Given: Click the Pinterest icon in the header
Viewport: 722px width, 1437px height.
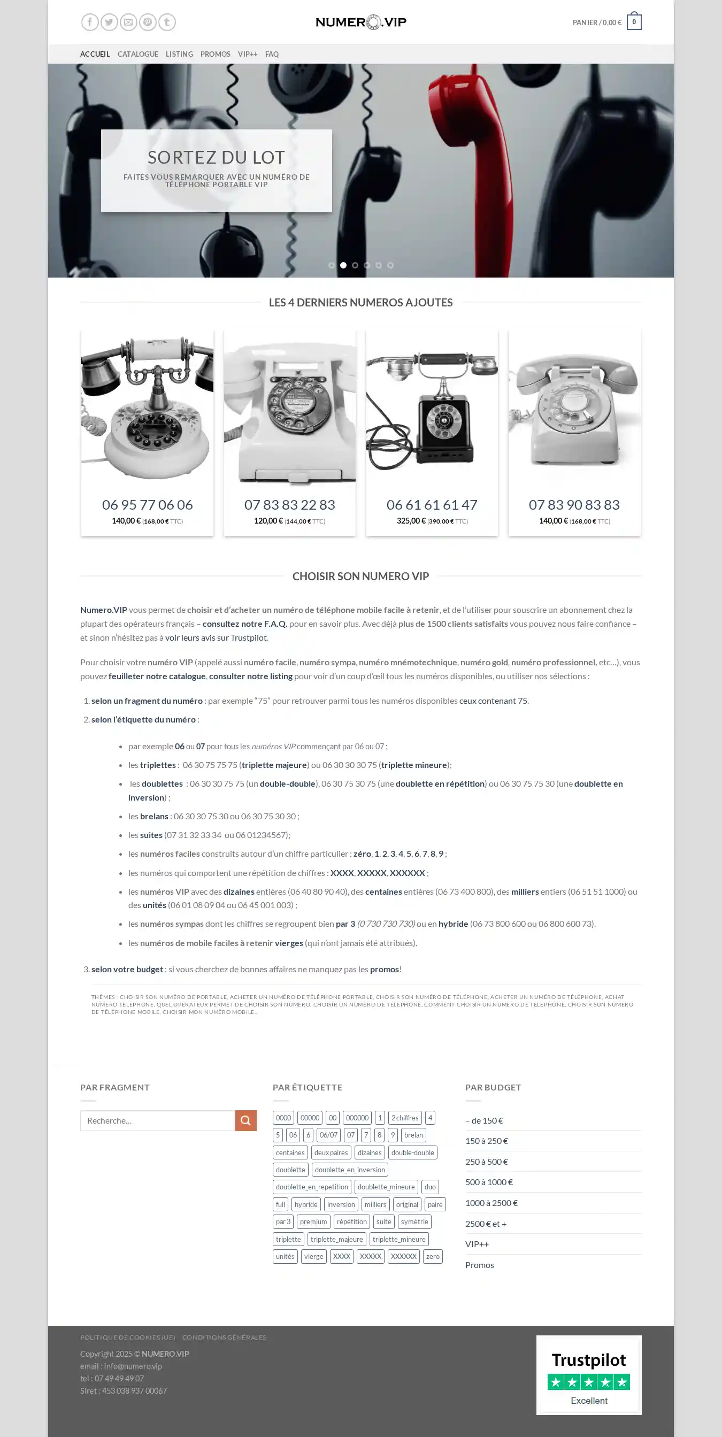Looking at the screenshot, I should tap(147, 22).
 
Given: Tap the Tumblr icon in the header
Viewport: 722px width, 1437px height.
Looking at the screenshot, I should tap(167, 22).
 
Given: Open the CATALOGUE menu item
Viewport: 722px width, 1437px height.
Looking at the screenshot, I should tap(138, 54).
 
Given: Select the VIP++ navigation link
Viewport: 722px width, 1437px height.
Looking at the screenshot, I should tap(247, 54).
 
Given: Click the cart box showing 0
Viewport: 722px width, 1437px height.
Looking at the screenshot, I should tap(634, 22).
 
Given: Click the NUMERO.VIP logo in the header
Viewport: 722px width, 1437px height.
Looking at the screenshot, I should tap(360, 22).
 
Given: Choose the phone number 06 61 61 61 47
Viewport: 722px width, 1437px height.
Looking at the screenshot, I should tap(432, 505).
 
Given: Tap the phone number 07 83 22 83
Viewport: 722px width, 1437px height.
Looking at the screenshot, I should tap(289, 505).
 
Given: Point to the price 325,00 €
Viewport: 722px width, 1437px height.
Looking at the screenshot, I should tap(411, 521).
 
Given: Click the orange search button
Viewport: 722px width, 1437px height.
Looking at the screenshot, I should tap(245, 1120).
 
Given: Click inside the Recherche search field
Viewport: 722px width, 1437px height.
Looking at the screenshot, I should tap(158, 1120).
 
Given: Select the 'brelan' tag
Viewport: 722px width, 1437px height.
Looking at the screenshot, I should tap(413, 1135).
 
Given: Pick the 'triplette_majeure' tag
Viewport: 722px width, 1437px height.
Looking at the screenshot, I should tap(336, 1239).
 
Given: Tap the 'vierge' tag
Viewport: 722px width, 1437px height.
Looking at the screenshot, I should tap(313, 1256).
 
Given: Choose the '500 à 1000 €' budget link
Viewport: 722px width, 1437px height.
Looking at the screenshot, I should tap(489, 1182).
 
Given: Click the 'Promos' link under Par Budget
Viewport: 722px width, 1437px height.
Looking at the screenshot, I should tap(480, 1265).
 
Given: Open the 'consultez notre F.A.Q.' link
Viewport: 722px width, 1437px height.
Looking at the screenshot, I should tap(245, 624).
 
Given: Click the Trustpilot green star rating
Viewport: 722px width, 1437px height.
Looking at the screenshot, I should tap(589, 1382).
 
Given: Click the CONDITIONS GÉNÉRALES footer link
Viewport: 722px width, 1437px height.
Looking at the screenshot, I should tap(224, 1337).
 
